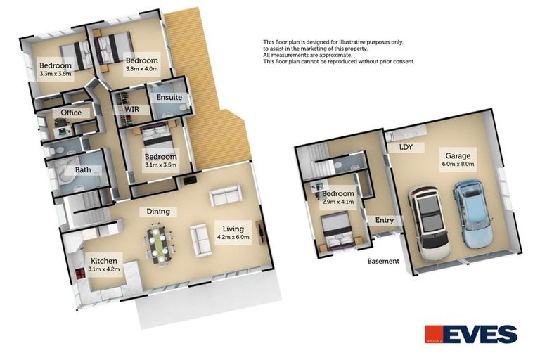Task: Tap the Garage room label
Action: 457,155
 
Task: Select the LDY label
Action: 406,148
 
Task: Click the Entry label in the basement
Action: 385,220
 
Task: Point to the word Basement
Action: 383,261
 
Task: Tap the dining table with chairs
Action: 158,243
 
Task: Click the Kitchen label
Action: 103,261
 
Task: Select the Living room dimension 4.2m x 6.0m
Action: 232,238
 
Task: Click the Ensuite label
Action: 169,98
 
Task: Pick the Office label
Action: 71,112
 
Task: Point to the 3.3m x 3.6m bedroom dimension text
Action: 56,74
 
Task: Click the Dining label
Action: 157,211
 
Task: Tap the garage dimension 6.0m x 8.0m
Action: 457,164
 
